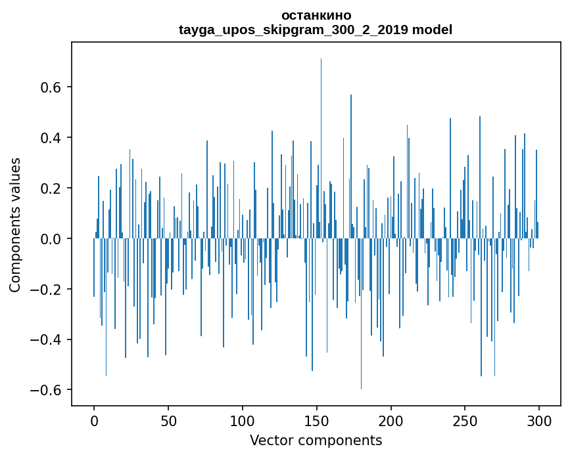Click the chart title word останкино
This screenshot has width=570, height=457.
tap(316, 15)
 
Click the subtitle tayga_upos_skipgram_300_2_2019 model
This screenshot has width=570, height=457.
tap(316, 30)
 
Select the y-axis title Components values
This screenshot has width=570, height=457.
tap(15, 225)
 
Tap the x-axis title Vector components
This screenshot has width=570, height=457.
tap(316, 440)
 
